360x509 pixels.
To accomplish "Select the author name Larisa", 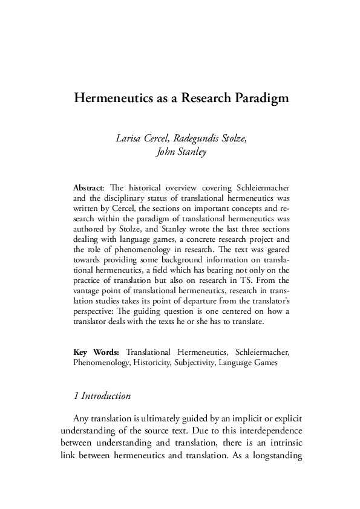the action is (128, 138).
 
